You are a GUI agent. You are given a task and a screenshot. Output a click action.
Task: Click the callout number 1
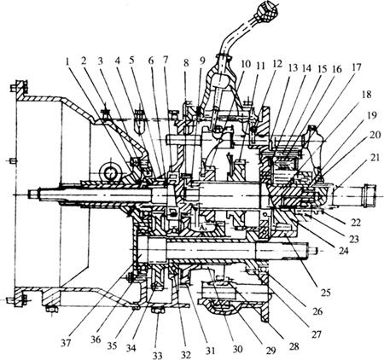(x=67, y=61)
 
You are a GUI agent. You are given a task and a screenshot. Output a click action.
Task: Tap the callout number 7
(x=166, y=61)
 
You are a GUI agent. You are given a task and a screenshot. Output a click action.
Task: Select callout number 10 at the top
(x=246, y=65)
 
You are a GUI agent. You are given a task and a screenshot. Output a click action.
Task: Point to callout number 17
(x=356, y=67)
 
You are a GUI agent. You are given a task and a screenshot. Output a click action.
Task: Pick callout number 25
(x=326, y=292)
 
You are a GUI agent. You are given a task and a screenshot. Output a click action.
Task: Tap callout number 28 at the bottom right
(x=294, y=346)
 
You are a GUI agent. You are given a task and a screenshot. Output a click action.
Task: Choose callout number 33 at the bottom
(x=157, y=355)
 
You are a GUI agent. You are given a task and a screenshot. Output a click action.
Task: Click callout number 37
(x=67, y=343)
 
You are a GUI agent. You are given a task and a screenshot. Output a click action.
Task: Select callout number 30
(x=237, y=349)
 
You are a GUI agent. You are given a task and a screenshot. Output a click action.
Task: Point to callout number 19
(x=372, y=116)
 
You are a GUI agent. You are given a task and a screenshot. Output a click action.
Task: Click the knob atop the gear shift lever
(x=267, y=9)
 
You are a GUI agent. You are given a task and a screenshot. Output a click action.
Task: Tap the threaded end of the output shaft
(x=369, y=195)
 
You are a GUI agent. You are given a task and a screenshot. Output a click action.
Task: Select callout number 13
(x=293, y=68)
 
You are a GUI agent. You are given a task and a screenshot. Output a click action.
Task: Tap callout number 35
(x=113, y=345)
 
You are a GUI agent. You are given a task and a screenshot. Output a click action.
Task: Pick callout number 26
(x=317, y=311)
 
